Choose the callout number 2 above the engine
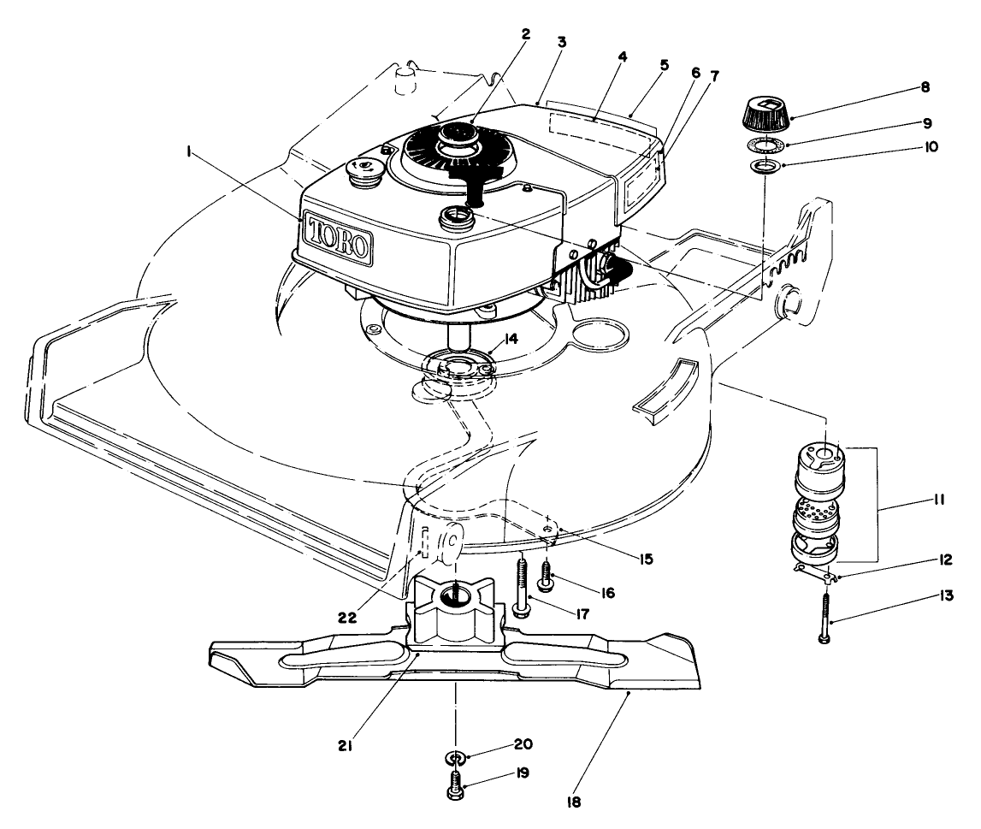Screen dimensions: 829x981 click(x=525, y=35)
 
